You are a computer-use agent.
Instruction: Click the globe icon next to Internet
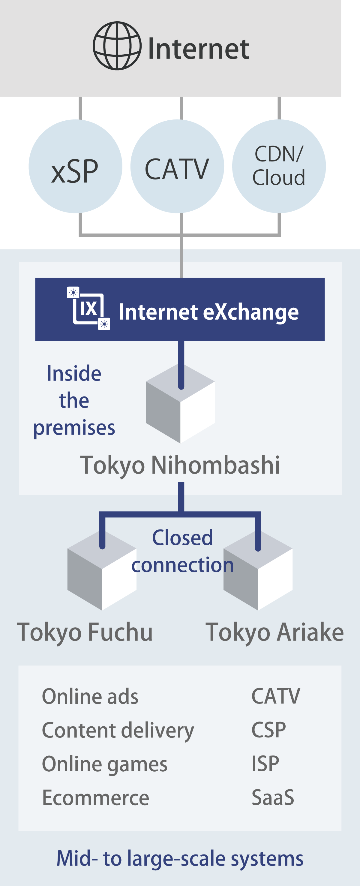point(117,46)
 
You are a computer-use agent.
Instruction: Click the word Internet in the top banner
point(198,49)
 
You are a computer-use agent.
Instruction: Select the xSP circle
point(75,167)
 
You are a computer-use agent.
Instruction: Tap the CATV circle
point(177,167)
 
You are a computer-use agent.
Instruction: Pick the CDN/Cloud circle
point(279,166)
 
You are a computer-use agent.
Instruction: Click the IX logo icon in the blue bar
point(89,309)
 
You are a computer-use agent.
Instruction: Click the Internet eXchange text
point(208,312)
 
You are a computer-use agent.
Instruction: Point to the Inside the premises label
point(74,401)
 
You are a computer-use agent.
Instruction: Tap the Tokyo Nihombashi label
point(180,465)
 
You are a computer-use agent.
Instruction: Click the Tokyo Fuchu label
point(85,632)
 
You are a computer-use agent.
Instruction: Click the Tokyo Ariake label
point(274,632)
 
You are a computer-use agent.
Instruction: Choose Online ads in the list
point(90,697)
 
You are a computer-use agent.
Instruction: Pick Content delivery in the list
point(118,730)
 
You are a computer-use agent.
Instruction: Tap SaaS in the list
point(273,797)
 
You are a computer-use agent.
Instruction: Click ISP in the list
point(265,764)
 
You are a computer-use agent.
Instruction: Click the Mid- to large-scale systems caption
point(180,858)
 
